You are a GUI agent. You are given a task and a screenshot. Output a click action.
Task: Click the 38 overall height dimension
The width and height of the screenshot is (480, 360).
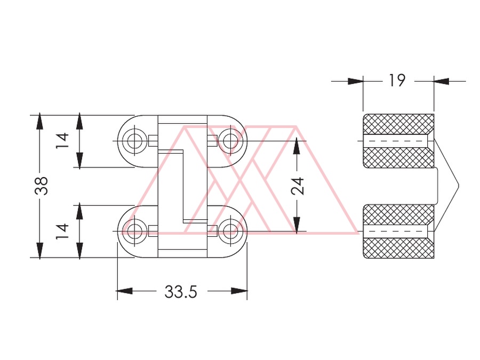(41, 186)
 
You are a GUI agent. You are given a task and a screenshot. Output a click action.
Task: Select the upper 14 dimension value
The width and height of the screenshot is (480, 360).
(62, 140)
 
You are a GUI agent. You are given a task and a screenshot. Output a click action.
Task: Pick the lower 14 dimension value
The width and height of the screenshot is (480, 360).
(62, 231)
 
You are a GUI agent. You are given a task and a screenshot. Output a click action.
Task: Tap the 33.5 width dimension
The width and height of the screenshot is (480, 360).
(181, 291)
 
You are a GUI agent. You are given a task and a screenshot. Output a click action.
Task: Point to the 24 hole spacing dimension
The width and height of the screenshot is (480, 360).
(298, 186)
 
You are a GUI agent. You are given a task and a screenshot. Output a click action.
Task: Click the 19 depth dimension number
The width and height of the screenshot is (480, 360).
(397, 80)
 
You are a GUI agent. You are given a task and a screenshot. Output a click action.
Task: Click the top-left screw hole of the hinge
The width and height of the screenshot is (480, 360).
(134, 141)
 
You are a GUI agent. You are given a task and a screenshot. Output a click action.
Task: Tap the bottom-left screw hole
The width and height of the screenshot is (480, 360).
(134, 231)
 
